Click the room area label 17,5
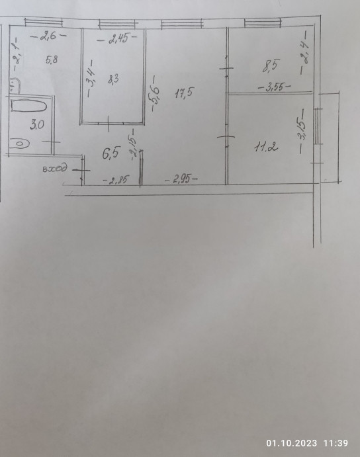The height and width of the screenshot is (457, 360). pos(184,93)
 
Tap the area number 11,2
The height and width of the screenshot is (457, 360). pos(266,147)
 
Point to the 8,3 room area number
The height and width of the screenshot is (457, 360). pos(113,79)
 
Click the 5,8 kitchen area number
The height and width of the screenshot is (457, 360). pos(52,60)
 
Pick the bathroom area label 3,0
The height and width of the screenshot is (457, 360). pos(37,125)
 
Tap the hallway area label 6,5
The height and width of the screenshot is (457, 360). pos(111,153)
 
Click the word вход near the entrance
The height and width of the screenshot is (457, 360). pos(55,168)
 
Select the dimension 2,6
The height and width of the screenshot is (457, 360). pos(48,36)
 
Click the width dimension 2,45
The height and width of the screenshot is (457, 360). pos(117,39)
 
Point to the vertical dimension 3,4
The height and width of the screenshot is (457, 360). pos(91,78)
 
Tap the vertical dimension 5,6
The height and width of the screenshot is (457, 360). pos(156,93)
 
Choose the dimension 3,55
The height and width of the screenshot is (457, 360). pos(275,87)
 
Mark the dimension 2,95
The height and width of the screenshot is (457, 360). pos(181,179)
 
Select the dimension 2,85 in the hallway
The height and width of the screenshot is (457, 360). pos(116,180)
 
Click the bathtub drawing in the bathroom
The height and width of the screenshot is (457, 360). pos(28,106)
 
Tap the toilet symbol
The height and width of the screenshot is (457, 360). pos(21,144)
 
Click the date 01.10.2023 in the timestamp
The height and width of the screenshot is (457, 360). pos(291,443)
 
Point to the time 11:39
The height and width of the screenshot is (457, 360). pos(336,443)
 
